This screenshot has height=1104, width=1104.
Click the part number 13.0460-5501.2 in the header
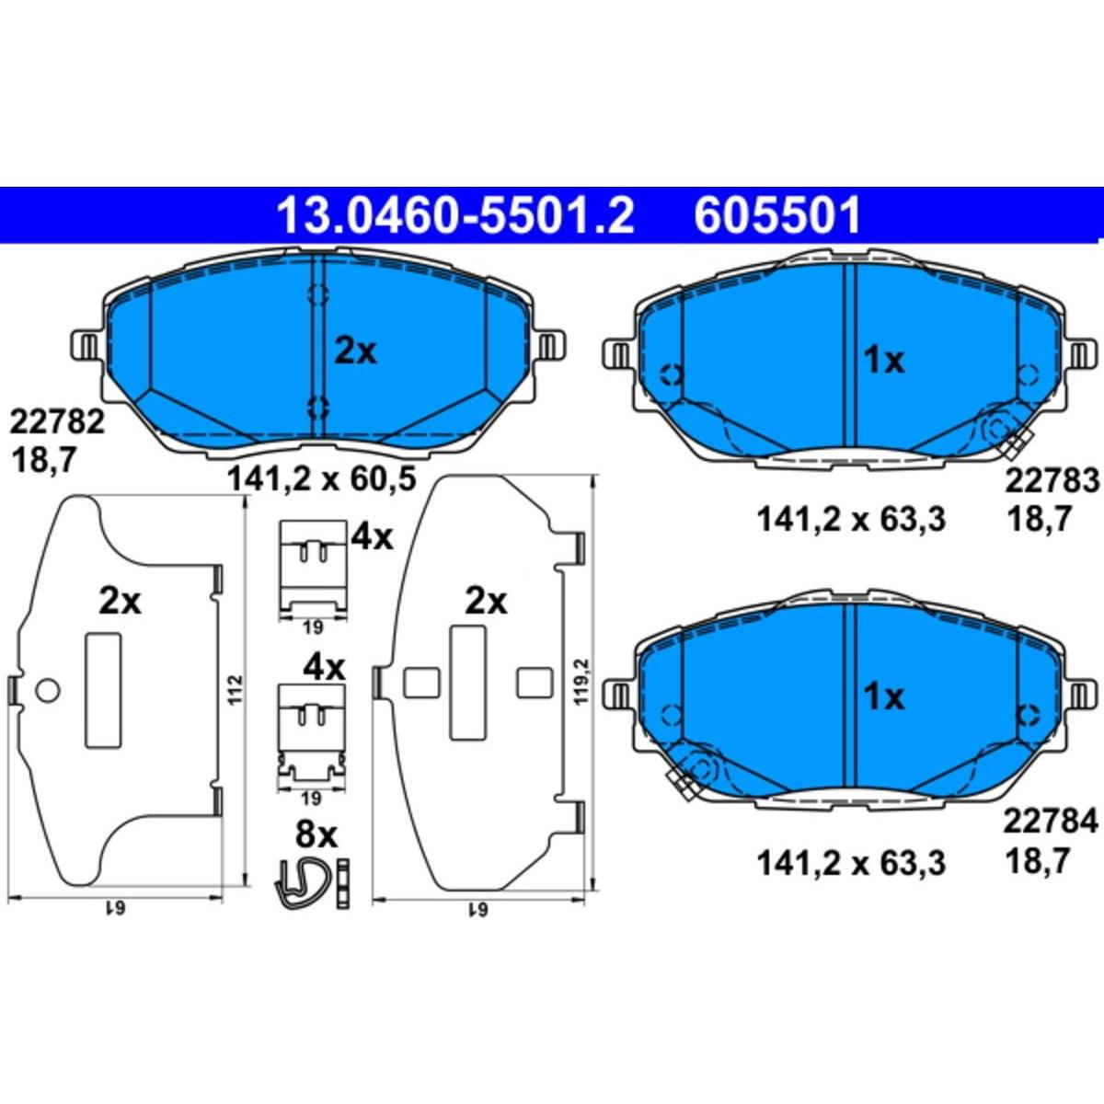pyautogui.click(x=455, y=215)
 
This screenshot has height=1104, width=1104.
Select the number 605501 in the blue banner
pyautogui.click(x=777, y=215)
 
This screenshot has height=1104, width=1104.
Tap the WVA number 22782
pyautogui.click(x=57, y=424)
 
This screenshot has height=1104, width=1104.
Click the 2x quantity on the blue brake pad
pyautogui.click(x=355, y=351)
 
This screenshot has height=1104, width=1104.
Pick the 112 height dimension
pyautogui.click(x=237, y=689)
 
